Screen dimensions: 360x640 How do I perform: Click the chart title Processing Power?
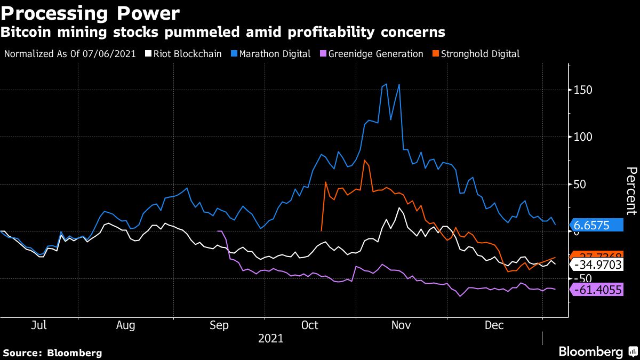tap(91, 13)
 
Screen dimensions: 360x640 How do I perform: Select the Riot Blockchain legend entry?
tap(188, 54)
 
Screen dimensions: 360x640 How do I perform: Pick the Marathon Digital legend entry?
tap(275, 54)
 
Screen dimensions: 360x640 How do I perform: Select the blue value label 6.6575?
tap(597, 225)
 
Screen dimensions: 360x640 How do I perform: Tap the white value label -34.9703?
tap(597, 265)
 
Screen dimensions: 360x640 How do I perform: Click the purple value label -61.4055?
tap(597, 290)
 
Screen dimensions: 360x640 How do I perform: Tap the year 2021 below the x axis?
tap(271, 338)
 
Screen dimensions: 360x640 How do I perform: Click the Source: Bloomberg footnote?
tap(52, 353)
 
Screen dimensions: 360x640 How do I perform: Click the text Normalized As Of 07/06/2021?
tap(70, 54)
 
